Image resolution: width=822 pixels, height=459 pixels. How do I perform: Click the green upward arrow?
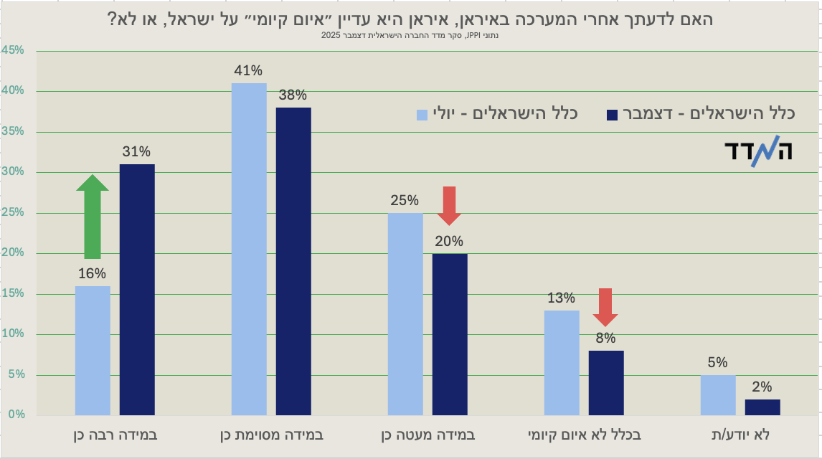(x=93, y=215)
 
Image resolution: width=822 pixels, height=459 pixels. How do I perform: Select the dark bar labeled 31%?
(x=137, y=289)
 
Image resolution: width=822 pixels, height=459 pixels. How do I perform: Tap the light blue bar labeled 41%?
(x=249, y=249)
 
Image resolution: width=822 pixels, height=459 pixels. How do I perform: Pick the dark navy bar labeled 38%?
(x=293, y=261)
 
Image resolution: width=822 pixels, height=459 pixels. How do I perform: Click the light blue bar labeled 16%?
(x=93, y=350)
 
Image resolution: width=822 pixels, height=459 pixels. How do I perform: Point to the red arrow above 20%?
(x=450, y=204)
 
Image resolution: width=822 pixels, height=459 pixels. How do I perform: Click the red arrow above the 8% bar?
(x=605, y=306)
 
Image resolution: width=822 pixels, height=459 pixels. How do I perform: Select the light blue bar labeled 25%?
(x=405, y=313)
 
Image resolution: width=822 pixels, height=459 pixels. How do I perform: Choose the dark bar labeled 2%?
(x=762, y=407)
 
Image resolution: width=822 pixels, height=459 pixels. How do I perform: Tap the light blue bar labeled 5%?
(x=718, y=394)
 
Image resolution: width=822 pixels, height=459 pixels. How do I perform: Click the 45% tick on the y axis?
(x=13, y=50)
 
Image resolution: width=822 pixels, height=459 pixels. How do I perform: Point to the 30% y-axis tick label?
(x=13, y=172)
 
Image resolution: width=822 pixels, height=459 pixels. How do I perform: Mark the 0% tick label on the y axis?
(x=16, y=415)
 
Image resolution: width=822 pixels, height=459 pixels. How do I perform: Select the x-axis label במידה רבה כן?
(x=115, y=435)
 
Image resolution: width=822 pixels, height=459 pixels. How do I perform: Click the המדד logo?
(x=757, y=153)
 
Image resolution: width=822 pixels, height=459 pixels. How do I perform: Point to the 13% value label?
(x=561, y=298)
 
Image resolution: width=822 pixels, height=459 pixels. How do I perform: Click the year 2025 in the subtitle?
(x=331, y=34)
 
